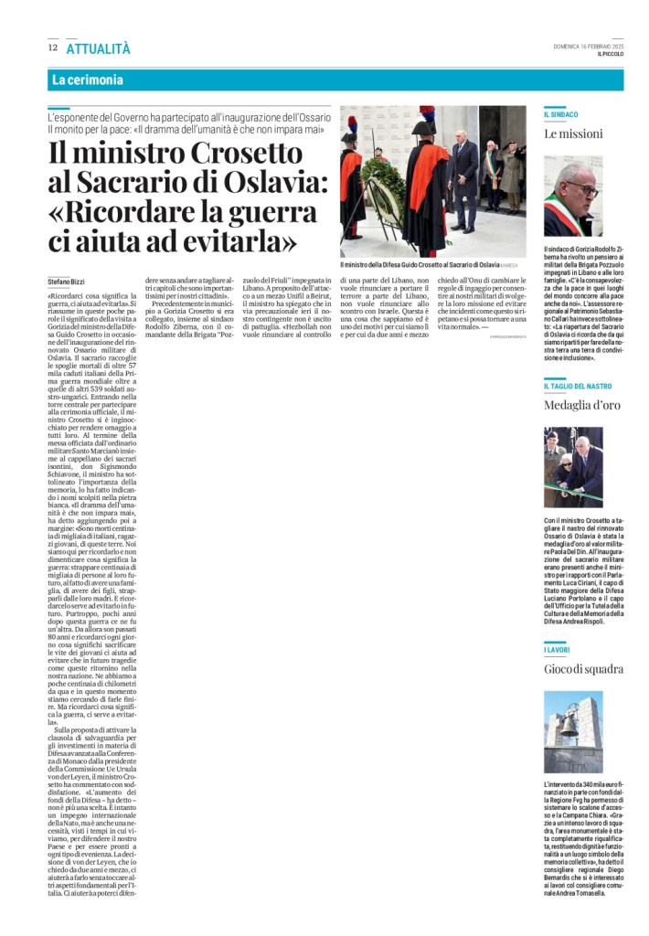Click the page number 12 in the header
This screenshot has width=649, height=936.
tap(53, 48)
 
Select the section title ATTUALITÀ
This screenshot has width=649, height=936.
tap(98, 48)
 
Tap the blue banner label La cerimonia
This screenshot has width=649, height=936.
tap(88, 80)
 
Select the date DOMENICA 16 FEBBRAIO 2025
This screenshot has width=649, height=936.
tap(588, 47)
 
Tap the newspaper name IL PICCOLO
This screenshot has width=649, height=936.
tap(609, 55)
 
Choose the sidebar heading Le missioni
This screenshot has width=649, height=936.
tap(573, 133)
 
